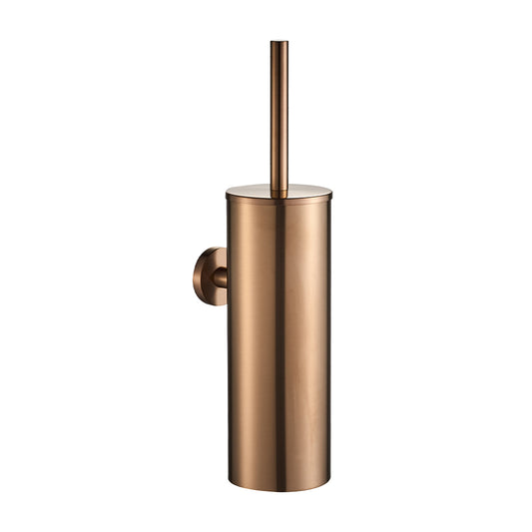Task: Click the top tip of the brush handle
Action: coord(278,43)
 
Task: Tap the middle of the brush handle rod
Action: coord(278,115)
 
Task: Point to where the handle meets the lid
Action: coord(278,189)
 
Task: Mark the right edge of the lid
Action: coord(330,192)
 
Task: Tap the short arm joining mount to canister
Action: coord(219,276)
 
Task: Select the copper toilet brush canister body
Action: coord(277,339)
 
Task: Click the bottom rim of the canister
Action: coord(277,488)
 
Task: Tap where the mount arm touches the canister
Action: coord(227,276)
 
